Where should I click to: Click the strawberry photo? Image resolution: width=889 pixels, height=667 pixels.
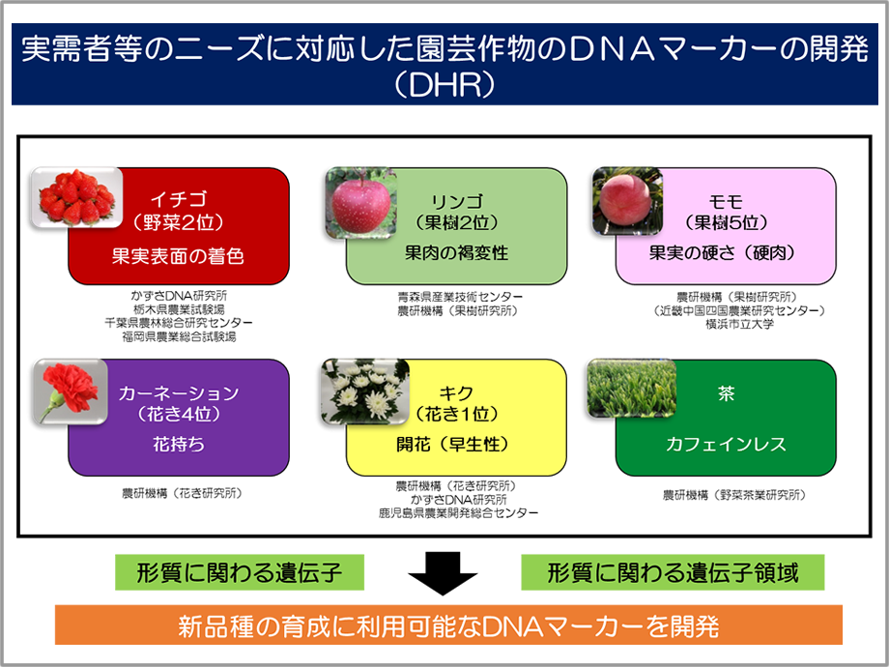click(76, 197)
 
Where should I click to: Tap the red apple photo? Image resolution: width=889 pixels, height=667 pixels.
click(360, 202)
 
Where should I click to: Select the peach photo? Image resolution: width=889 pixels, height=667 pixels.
click(627, 200)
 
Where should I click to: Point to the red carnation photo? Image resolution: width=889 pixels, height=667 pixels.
click(71, 391)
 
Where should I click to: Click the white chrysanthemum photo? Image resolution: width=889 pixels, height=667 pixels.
click(364, 391)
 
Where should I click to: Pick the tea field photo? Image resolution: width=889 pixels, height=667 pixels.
click(632, 388)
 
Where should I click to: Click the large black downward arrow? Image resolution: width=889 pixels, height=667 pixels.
click(443, 573)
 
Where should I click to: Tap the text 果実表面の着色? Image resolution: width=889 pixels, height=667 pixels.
click(178, 256)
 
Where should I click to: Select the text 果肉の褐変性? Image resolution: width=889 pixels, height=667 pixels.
click(456, 253)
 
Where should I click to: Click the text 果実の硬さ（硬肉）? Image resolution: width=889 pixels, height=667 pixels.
click(725, 253)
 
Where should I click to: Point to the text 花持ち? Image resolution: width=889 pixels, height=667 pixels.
click(178, 444)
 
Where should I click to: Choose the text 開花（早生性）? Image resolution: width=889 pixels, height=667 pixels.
click(455, 444)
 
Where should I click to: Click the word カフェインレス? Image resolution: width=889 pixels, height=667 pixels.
click(726, 444)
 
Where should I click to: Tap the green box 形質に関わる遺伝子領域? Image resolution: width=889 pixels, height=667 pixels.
click(673, 573)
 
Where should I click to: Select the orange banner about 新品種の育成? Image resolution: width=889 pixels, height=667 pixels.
click(448, 625)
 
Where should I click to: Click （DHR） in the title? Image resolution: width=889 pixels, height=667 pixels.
click(444, 85)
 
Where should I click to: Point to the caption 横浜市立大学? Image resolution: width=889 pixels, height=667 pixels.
click(739, 325)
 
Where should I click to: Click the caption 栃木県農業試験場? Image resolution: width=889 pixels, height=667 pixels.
click(179, 309)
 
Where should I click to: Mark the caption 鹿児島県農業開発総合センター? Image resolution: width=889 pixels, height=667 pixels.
click(458, 512)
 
